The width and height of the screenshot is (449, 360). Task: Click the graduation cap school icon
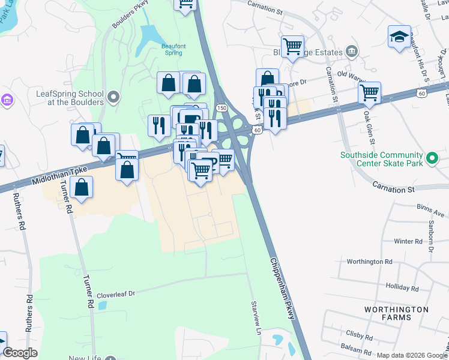[x=399, y=37]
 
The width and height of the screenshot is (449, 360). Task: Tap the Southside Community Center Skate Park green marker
[x=433, y=159]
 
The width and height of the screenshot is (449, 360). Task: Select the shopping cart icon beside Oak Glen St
[x=369, y=93]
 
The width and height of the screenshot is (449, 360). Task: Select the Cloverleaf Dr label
[x=116, y=295]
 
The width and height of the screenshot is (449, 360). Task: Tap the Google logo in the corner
[x=20, y=353]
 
